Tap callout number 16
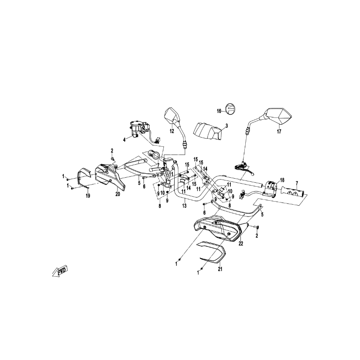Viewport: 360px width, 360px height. click(219, 111)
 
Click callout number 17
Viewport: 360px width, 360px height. click(279, 131)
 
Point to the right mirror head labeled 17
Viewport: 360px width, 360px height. click(277, 116)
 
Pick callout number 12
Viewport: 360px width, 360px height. click(172, 131)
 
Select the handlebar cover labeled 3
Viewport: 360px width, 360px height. click(208, 131)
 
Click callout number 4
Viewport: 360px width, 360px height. click(125, 139)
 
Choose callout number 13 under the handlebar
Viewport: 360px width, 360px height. click(184, 206)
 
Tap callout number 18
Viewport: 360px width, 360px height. click(282, 180)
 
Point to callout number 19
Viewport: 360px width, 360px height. click(88, 196)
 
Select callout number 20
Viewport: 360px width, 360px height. click(117, 194)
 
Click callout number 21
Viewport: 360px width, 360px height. click(220, 269)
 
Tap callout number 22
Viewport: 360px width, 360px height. click(241, 243)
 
